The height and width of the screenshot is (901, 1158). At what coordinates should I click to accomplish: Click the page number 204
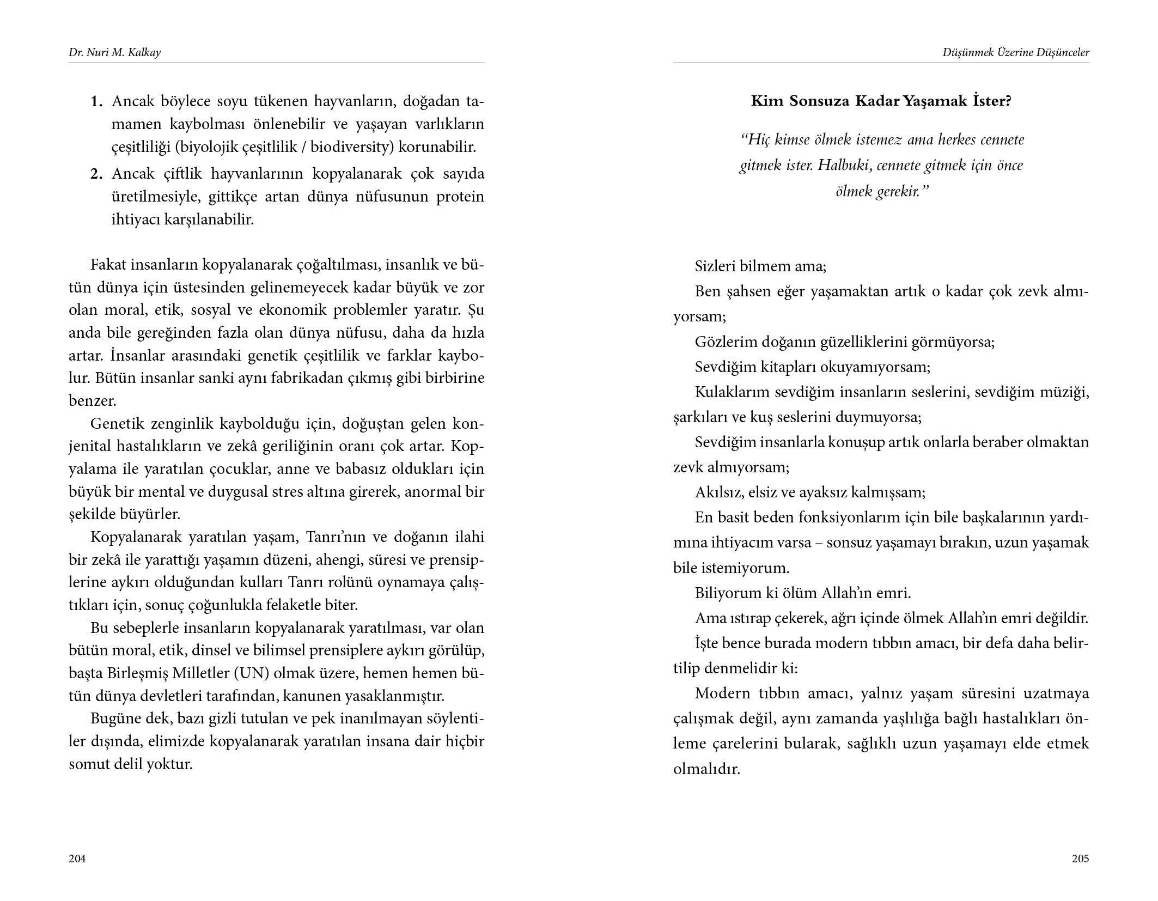pos(77,859)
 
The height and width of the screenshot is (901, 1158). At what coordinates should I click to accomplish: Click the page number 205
pos(1080,859)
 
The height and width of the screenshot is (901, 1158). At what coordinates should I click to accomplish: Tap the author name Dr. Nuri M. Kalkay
pos(114,53)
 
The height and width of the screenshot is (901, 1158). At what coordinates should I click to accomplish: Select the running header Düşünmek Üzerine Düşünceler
pos(1016,53)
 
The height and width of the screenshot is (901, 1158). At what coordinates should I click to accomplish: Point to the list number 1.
pos(96,101)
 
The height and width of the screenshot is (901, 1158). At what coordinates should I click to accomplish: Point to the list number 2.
pos(96,174)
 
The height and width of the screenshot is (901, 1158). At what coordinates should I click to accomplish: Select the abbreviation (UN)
pos(252,673)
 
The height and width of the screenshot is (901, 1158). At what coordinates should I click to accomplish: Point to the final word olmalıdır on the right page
pos(706,769)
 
